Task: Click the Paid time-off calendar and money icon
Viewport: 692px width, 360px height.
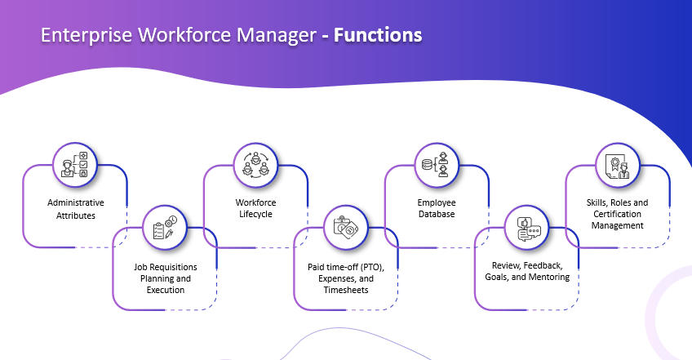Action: [x=347, y=226]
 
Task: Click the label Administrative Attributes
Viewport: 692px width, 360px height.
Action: [x=76, y=209]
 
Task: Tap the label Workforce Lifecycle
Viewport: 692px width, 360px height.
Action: [x=255, y=209]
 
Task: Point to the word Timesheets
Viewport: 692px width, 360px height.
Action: [x=347, y=291]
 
